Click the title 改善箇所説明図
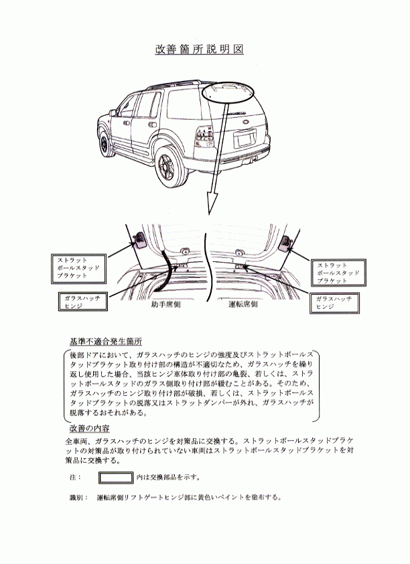[199, 49]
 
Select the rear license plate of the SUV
[245, 139]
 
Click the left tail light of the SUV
[204, 137]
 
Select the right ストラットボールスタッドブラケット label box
[338, 273]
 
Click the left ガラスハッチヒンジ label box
[82, 301]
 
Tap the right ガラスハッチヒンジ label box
[334, 303]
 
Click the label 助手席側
[165, 305]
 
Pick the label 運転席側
[243, 305]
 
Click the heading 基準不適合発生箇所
[105, 342]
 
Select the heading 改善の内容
[89, 428]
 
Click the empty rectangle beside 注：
[116, 478]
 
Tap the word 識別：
[79, 498]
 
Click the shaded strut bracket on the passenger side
[139, 240]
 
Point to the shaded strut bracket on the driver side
[286, 244]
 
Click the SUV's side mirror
[113, 113]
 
